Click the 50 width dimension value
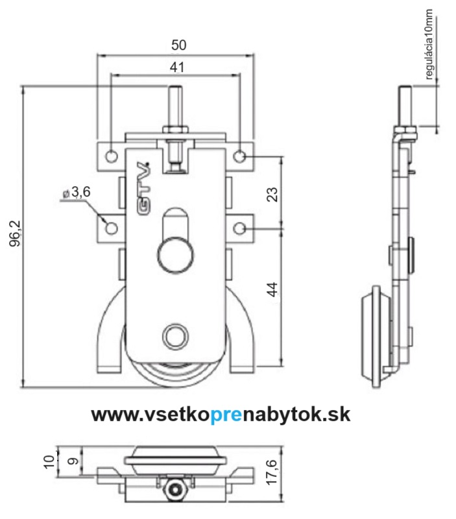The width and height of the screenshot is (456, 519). (178, 45)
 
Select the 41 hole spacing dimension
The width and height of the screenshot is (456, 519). (177, 67)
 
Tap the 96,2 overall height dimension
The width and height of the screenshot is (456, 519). (15, 234)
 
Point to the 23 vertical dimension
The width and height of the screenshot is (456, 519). (272, 195)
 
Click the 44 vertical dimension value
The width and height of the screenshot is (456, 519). (272, 289)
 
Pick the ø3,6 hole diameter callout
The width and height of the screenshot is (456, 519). (77, 192)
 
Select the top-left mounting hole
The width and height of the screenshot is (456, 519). (112, 155)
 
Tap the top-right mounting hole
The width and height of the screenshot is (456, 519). (239, 156)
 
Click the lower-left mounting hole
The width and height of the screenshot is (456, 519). (112, 228)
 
